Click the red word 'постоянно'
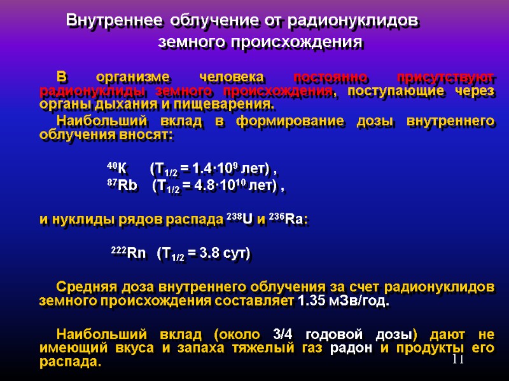[x=331, y=77]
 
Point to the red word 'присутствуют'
[x=445, y=77]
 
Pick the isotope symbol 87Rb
[x=122, y=186]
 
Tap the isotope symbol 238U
[x=240, y=220]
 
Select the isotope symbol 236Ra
[x=292, y=220]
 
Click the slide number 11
[x=458, y=361]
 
